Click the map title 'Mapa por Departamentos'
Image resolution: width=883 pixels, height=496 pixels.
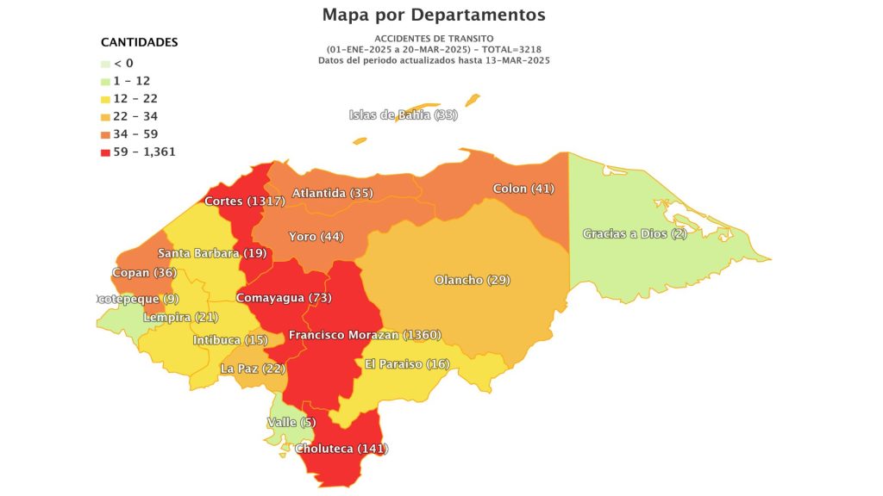434,15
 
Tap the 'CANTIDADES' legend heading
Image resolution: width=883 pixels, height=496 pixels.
140,42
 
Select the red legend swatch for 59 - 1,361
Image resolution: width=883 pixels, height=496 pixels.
105,152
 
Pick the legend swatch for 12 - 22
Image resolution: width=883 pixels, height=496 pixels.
105,99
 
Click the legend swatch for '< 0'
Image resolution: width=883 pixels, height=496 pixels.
105,64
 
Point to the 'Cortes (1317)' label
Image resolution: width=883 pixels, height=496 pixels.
245,201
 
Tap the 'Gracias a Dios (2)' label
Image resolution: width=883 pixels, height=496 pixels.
635,233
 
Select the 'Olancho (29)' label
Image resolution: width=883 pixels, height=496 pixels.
472,280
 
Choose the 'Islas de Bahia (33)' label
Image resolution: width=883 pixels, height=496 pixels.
403,115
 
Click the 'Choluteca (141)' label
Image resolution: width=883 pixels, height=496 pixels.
341,449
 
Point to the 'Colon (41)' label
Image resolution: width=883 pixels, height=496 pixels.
523,189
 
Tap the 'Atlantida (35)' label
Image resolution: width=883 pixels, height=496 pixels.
332,193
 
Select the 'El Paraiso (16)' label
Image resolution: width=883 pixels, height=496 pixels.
407,364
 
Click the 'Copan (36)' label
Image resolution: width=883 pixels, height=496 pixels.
144,273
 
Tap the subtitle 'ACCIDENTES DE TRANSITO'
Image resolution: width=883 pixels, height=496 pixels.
434,39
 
